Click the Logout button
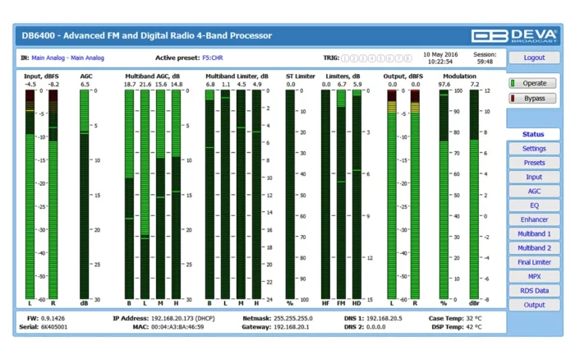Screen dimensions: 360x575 (x=534, y=58)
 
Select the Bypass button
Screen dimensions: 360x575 (x=534, y=98)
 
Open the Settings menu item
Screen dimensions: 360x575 (x=534, y=149)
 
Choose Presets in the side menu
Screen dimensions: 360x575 (x=534, y=163)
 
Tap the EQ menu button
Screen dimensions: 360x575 (x=534, y=205)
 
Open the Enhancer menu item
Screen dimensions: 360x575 (x=534, y=219)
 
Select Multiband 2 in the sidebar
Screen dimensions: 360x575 (x=534, y=248)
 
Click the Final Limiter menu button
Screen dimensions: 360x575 (x=534, y=262)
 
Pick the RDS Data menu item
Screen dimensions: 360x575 (x=534, y=290)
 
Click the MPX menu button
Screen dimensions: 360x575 (x=534, y=276)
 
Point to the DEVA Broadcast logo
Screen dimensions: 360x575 (x=514, y=35)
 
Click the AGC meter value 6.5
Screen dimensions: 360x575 (x=85, y=84)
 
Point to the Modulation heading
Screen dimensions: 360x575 (x=459, y=76)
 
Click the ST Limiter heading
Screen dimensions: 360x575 (x=300, y=76)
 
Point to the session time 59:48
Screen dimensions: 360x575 (x=485, y=62)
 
